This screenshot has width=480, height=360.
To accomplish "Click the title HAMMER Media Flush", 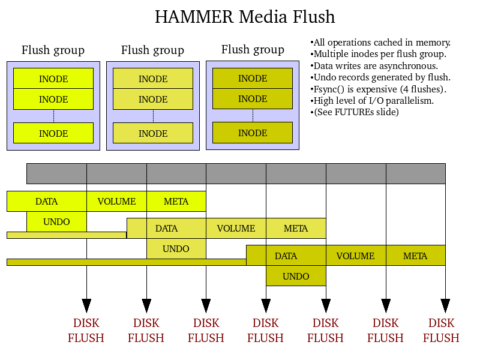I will [x=245, y=17].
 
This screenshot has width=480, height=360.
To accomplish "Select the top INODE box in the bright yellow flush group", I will [x=53, y=79].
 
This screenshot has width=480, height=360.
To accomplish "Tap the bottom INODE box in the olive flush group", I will [x=253, y=133].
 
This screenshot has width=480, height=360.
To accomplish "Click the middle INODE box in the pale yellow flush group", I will [x=153, y=99].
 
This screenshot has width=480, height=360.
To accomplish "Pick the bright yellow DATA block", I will [x=46, y=201].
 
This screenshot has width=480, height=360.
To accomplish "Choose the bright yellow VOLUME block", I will [x=116, y=201].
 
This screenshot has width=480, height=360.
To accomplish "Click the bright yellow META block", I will [x=176, y=201].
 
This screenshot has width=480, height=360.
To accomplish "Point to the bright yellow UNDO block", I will [x=56, y=221].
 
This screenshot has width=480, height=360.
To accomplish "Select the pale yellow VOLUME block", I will [x=236, y=228].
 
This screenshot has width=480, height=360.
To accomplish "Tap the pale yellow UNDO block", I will [x=176, y=248].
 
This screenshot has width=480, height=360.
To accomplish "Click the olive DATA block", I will [x=286, y=256].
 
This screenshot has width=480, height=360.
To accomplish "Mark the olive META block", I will [x=415, y=256].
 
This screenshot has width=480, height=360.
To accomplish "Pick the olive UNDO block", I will [x=296, y=276].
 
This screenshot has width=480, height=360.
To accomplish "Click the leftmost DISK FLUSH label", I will [x=86, y=331].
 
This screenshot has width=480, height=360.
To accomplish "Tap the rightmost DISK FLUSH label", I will [x=441, y=331].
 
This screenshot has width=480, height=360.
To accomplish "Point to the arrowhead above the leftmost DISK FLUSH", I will [x=86, y=305].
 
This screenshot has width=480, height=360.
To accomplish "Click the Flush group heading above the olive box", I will [x=253, y=49].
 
